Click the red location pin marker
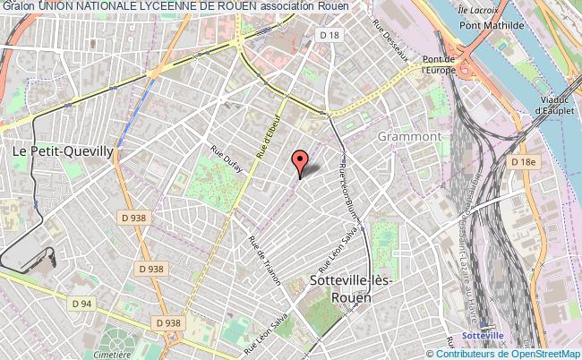300,161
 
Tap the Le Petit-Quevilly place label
63,151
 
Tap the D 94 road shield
83,304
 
